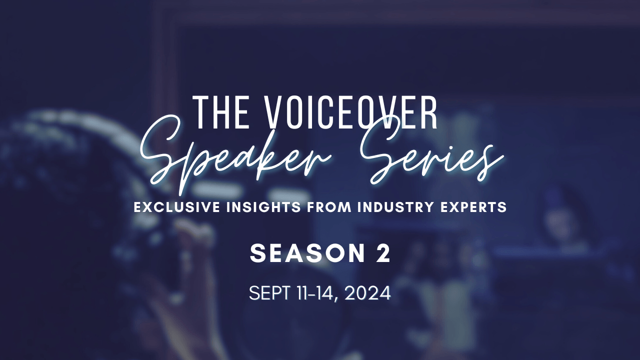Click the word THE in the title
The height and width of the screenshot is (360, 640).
(220, 112)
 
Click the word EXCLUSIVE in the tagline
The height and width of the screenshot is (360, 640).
(177, 207)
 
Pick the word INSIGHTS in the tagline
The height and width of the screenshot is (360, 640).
(263, 207)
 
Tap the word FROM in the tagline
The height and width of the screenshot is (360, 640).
(329, 207)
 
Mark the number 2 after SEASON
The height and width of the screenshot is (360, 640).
(383, 253)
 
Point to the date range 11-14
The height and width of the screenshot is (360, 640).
(314, 293)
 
